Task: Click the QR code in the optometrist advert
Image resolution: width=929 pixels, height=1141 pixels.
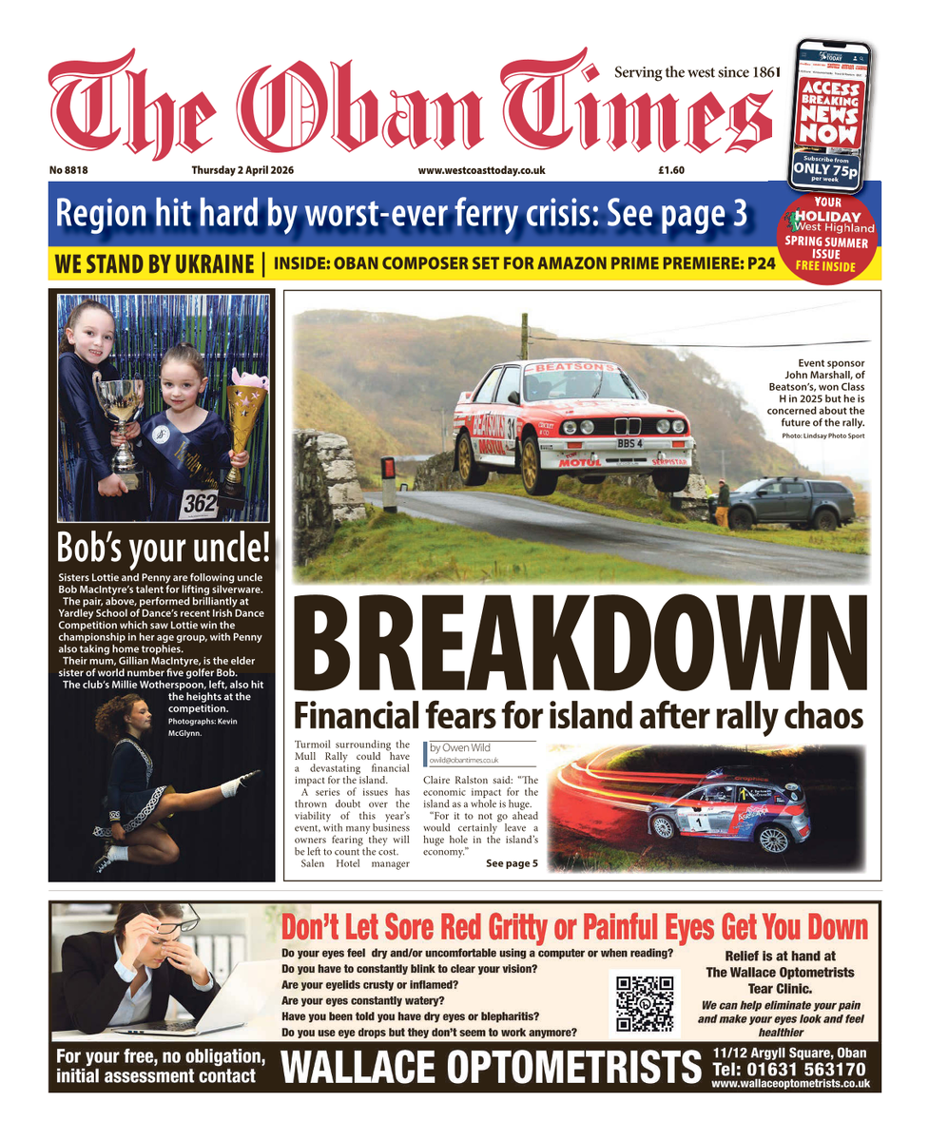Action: tap(645, 1003)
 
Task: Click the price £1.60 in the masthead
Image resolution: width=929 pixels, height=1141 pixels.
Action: tap(671, 170)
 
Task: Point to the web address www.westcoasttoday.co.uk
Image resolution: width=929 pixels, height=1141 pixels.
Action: tap(481, 170)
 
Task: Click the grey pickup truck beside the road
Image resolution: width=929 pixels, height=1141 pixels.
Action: tap(787, 501)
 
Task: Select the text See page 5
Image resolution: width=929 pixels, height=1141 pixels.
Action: tap(512, 863)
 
